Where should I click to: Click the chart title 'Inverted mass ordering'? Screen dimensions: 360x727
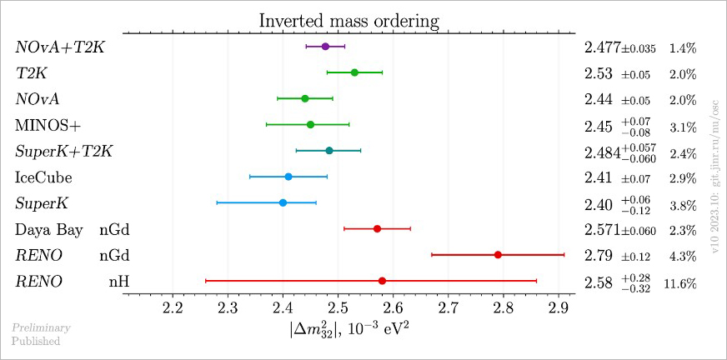pyautogui.click(x=348, y=20)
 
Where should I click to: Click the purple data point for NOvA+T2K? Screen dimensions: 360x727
pyautogui.click(x=325, y=47)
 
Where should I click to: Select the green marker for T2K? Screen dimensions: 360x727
pyautogui.click(x=354, y=72)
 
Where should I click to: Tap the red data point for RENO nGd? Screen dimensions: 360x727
pyautogui.click(x=498, y=254)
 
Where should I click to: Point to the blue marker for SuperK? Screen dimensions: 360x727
pyautogui.click(x=283, y=202)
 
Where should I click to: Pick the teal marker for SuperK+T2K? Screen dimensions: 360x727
pyautogui.click(x=329, y=151)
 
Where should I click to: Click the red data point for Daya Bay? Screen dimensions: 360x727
pyautogui.click(x=377, y=228)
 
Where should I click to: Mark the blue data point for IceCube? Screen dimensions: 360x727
pyautogui.click(x=288, y=177)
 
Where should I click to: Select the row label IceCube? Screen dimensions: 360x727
pyautogui.click(x=43, y=177)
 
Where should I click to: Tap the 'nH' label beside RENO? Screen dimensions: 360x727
pyautogui.click(x=118, y=282)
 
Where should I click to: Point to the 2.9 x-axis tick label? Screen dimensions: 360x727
pyautogui.click(x=558, y=309)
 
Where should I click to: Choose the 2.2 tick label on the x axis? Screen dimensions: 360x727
pyautogui.click(x=173, y=309)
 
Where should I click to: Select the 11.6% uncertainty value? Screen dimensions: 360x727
pyautogui.click(x=680, y=283)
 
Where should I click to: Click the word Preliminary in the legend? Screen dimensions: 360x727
pyautogui.click(x=41, y=327)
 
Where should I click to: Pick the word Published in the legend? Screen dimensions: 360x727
pyautogui.click(x=36, y=340)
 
